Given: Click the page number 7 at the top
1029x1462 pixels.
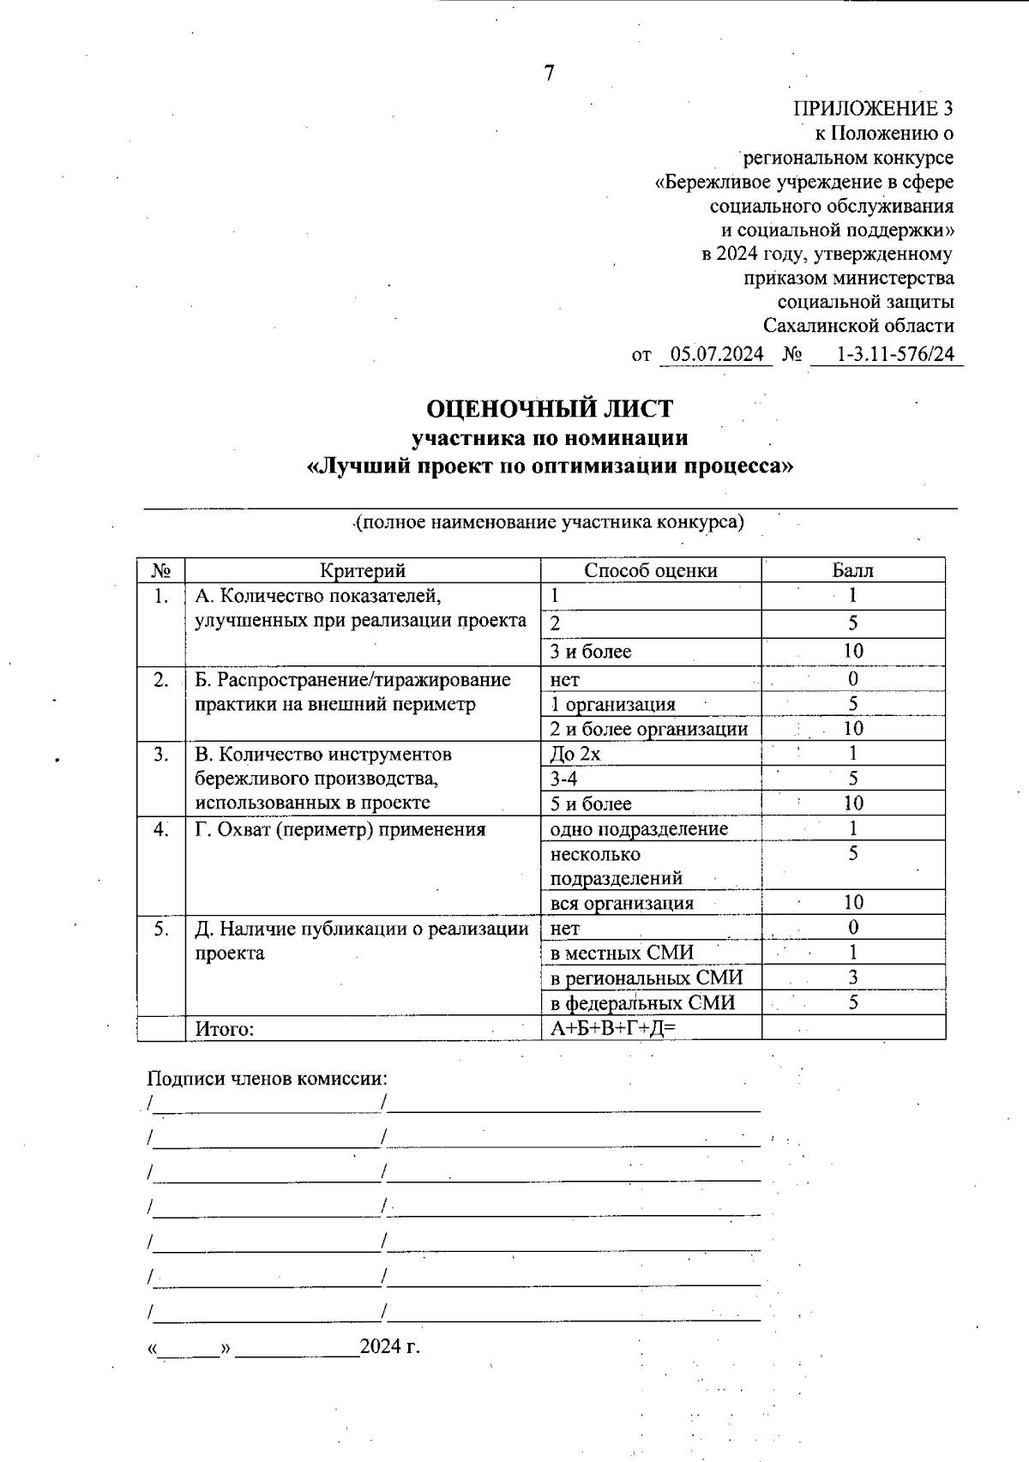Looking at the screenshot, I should pyautogui.click(x=549, y=74).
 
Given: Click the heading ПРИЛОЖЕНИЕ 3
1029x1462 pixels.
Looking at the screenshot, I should pyautogui.click(x=872, y=109).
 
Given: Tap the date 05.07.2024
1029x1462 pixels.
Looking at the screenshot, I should pyautogui.click(x=717, y=354).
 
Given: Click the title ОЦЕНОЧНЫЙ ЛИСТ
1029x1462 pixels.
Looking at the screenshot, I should pyautogui.click(x=550, y=408).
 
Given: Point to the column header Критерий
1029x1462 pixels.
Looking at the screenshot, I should pyautogui.click(x=363, y=570).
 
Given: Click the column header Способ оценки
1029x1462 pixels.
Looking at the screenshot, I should pyautogui.click(x=651, y=570).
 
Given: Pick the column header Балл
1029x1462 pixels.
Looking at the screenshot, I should pyautogui.click(x=852, y=570).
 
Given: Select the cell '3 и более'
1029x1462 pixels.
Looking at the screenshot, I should pyautogui.click(x=591, y=652).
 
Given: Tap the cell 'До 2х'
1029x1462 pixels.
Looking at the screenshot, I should pyautogui.click(x=575, y=754).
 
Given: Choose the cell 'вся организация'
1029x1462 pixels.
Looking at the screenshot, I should pyautogui.click(x=622, y=903).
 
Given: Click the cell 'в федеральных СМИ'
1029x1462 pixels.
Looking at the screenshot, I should pyautogui.click(x=642, y=1003).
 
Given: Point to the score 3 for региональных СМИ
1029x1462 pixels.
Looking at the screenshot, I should pyautogui.click(x=853, y=978).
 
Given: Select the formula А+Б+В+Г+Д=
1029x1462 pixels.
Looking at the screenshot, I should pyautogui.click(x=608, y=1029).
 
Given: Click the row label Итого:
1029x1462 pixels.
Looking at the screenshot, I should pyautogui.click(x=225, y=1029).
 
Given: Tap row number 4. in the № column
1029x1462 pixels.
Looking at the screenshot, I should pyautogui.click(x=161, y=829).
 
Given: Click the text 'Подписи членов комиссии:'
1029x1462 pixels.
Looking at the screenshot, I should pyautogui.click(x=267, y=1078).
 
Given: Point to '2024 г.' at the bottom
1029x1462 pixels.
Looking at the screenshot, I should pyautogui.click(x=390, y=1347).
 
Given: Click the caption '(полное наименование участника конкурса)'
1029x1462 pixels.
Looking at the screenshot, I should pyautogui.click(x=550, y=522).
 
